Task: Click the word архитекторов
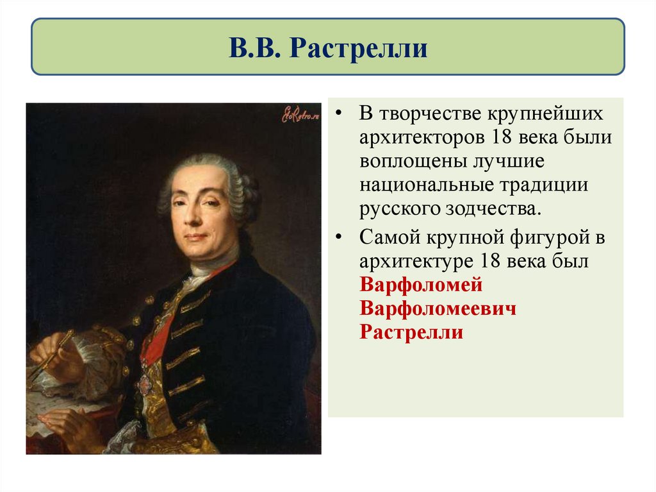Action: tap(422, 137)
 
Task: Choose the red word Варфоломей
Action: tap(421, 285)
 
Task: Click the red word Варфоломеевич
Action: tap(438, 309)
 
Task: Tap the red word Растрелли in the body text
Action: tap(411, 333)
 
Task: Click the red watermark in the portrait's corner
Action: tap(300, 114)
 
